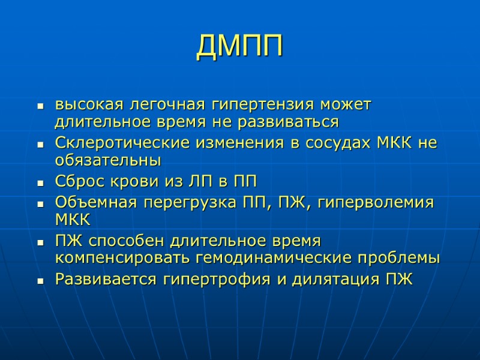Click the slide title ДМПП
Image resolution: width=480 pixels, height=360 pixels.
click(x=239, y=47)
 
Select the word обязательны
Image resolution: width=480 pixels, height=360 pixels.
click(x=108, y=161)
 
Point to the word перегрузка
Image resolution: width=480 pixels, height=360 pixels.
click(x=179, y=202)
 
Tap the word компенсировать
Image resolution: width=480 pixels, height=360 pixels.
click(x=124, y=259)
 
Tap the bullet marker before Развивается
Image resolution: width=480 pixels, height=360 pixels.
click(x=40, y=280)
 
